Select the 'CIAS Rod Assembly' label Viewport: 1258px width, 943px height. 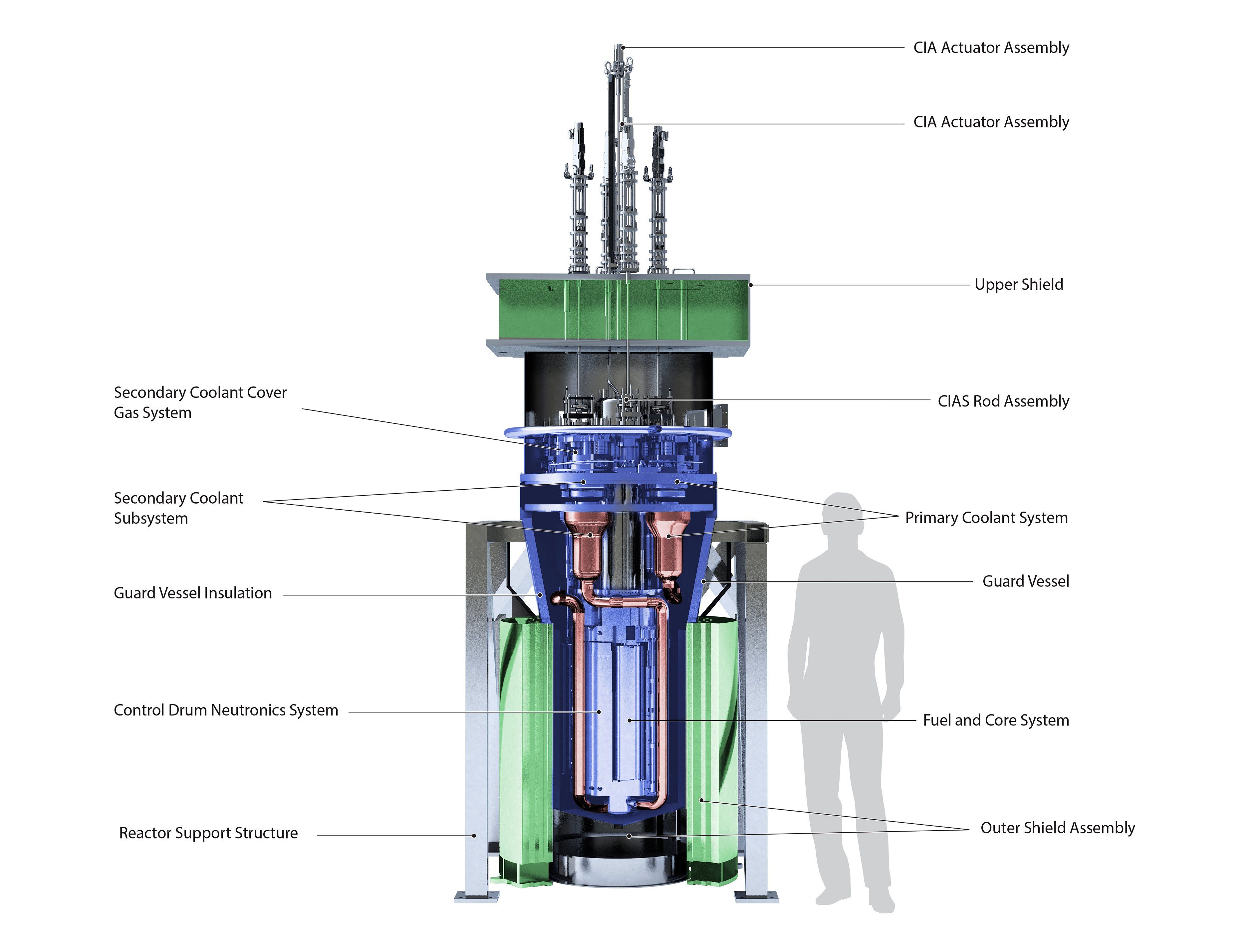pyautogui.click(x=1003, y=401)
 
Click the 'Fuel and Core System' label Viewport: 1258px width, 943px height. pyautogui.click(x=996, y=720)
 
